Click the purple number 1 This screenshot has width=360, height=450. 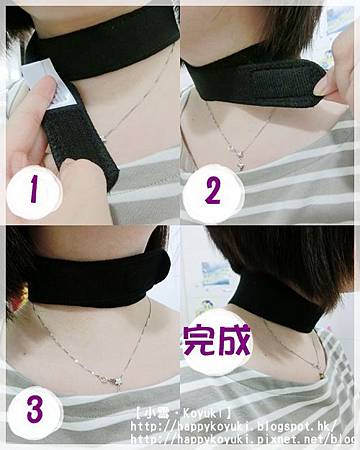pyautogui.click(x=34, y=189)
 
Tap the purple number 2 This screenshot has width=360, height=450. pyautogui.click(x=213, y=190)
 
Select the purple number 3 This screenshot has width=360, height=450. pyautogui.click(x=35, y=410)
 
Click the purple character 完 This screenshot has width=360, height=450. pyautogui.click(x=199, y=340)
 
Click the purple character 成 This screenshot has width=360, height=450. pyautogui.click(x=234, y=340)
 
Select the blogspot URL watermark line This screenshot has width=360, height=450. pyautogui.click(x=233, y=427)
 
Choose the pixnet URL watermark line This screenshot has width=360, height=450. pyautogui.click(x=243, y=439)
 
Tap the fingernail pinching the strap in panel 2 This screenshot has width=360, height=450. pyautogui.click(x=322, y=87)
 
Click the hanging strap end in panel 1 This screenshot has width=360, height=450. pyautogui.click(x=79, y=140)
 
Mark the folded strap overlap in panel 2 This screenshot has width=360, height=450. pyautogui.click(x=287, y=82)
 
